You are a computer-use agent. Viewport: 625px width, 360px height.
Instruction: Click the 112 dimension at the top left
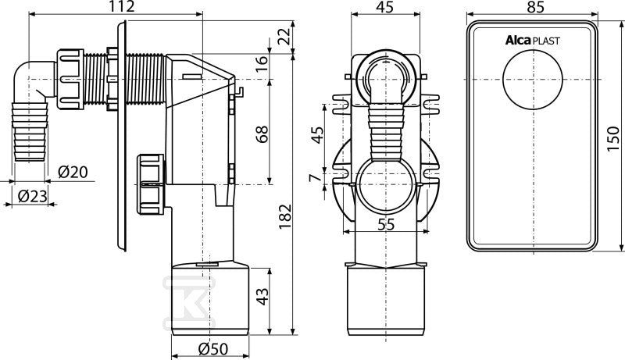coord(121,6)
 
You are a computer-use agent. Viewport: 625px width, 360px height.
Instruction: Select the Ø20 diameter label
coord(73,172)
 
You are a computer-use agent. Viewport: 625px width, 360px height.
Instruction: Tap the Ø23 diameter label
coord(33,196)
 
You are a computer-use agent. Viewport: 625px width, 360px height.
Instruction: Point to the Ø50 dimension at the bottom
coord(213,349)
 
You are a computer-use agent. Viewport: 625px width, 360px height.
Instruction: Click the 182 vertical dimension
coord(285,216)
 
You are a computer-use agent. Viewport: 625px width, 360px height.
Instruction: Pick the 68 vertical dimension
coord(262,134)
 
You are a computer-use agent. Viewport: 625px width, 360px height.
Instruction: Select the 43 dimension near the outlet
coord(262,296)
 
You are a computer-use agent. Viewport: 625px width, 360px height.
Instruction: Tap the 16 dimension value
coord(262,64)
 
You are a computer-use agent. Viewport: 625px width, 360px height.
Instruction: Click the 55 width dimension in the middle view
coord(385,225)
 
